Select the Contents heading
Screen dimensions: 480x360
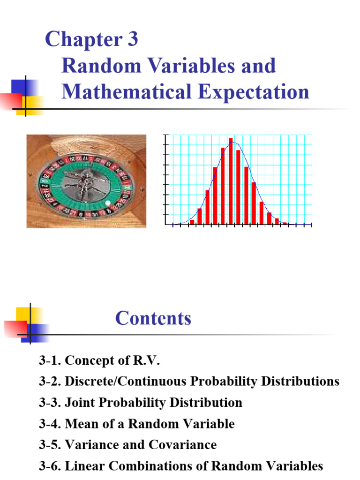(153, 318)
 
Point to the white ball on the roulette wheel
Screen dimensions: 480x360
(109, 203)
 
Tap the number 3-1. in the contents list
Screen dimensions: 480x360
(50, 361)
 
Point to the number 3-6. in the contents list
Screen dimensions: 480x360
(50, 466)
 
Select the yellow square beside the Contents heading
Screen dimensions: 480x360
(23, 315)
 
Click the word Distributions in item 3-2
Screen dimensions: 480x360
(300, 382)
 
